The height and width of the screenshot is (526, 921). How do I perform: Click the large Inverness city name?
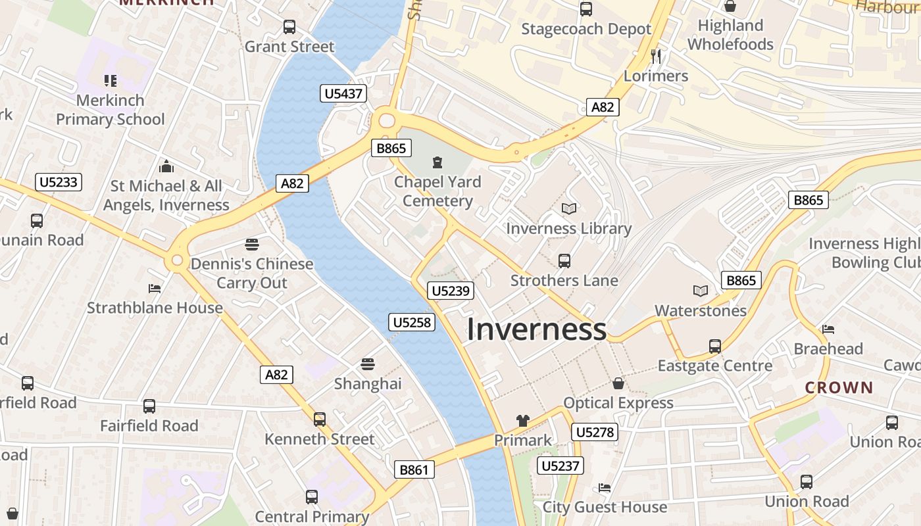tap(536, 329)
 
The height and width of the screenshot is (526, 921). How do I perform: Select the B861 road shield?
tap(414, 469)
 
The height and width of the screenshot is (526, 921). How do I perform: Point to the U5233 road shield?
tap(59, 182)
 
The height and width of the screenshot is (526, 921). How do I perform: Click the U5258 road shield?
tap(412, 322)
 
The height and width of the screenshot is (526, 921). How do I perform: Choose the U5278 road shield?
tap(594, 432)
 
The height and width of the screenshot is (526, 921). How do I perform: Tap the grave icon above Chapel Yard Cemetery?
tap(437, 162)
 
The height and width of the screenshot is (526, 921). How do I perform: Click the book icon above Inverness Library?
tap(569, 208)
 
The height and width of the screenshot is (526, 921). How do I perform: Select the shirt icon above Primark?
tap(523, 420)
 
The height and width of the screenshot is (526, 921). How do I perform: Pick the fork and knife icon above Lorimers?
tap(655, 56)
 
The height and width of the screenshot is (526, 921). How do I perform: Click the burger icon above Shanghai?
tap(367, 364)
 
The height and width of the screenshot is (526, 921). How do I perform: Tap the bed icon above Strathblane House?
tap(155, 288)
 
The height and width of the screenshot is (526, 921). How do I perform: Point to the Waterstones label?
tap(701, 310)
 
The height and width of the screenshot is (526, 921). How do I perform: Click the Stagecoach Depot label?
tap(586, 29)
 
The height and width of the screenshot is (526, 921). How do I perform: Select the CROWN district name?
tap(839, 387)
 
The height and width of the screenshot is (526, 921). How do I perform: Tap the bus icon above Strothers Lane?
tap(564, 260)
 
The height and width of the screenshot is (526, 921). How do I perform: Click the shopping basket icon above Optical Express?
tap(618, 383)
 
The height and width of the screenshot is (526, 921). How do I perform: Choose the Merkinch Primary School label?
tap(111, 110)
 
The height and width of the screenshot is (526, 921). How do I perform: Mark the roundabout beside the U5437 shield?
tap(386, 120)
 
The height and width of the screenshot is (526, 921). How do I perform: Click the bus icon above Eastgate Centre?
tap(715, 346)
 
